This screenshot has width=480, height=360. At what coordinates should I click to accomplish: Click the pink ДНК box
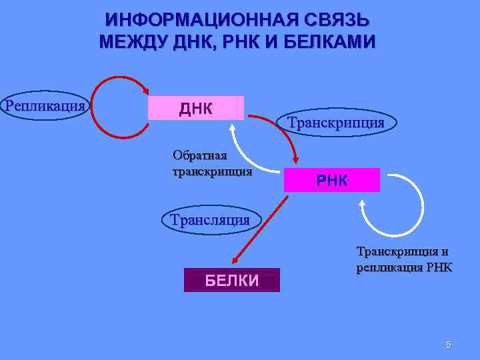(x=195, y=108)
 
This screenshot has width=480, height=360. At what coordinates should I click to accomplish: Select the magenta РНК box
(x=331, y=180)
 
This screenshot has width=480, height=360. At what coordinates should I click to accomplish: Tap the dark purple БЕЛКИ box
(x=231, y=280)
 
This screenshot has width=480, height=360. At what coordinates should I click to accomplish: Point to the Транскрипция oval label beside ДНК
(x=336, y=123)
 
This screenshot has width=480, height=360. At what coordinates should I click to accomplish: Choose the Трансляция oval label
(x=210, y=219)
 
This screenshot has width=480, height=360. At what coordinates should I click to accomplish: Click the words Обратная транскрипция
(x=212, y=163)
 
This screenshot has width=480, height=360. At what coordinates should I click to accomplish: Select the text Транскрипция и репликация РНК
(x=404, y=260)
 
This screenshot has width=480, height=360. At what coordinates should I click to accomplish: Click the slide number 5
(x=448, y=345)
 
